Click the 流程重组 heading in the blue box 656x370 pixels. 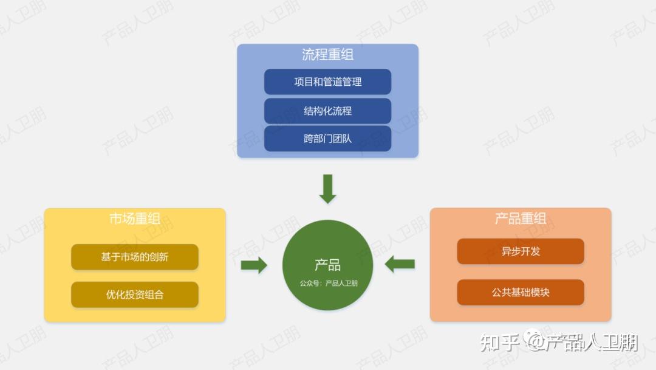coord(327,55)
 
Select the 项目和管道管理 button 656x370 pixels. coord(327,82)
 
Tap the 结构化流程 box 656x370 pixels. coord(327,111)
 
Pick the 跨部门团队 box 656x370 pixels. coord(327,139)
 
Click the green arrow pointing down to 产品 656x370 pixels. coord(327,189)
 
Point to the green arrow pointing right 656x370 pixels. coord(254,265)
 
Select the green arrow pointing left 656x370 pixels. coord(400,264)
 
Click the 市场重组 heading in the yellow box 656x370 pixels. coord(135,218)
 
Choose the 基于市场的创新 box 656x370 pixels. coord(135,257)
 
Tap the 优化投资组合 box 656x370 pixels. coord(135,295)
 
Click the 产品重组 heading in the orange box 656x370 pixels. coord(521,218)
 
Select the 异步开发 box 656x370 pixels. coord(521,251)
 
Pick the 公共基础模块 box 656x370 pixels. coord(521,292)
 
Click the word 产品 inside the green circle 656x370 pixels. coord(327,265)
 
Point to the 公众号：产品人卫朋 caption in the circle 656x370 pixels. coord(328,282)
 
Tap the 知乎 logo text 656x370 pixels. coord(499,343)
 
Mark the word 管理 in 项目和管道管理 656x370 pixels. coord(352,82)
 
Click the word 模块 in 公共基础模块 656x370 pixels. coord(540,292)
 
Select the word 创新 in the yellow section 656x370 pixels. coord(159,257)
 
